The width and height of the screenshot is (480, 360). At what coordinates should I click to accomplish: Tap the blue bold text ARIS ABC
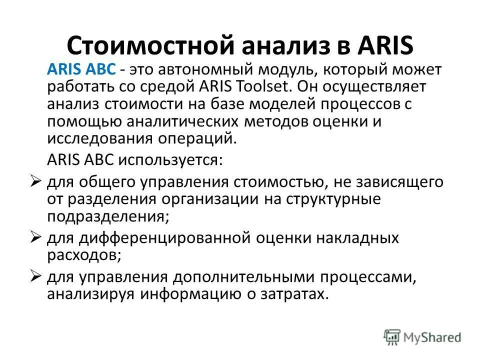pyautogui.click(x=81, y=70)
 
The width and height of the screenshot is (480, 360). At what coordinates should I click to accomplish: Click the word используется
pyautogui.click(x=171, y=160)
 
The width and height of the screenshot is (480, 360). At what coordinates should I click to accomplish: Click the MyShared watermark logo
pyautogui.click(x=423, y=336)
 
